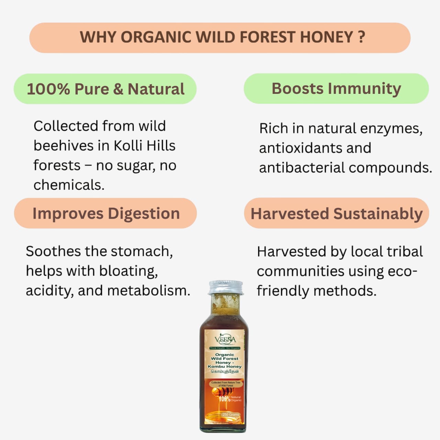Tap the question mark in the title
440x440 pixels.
coord(361,37)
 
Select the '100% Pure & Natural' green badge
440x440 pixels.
coord(105,89)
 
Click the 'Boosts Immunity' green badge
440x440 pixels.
coord(336,89)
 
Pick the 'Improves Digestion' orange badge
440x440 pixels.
coord(106,213)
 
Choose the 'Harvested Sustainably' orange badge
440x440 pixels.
coord(337,213)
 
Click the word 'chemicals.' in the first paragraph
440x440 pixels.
coord(69,185)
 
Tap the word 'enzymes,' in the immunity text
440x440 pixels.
coord(391,129)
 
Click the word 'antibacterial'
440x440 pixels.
coord(301,168)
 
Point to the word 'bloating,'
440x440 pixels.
coord(129,271)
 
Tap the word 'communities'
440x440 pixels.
coord(296,271)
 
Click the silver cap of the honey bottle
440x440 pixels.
coord(225,287)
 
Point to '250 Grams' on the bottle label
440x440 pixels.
coord(230,414)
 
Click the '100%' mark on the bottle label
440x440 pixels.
coord(224,399)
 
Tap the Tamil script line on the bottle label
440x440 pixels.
coord(225,371)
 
